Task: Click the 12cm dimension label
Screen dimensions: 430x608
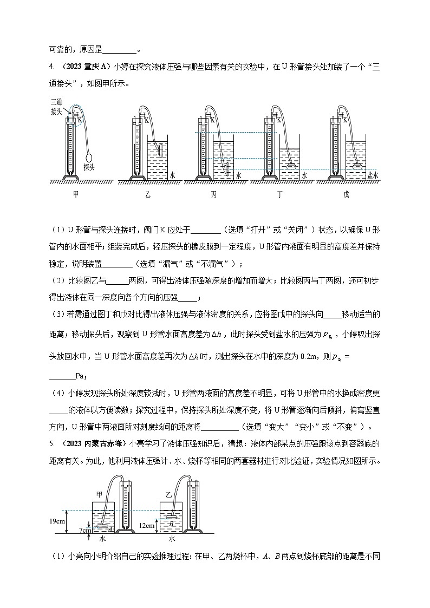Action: pyautogui.click(x=148, y=525)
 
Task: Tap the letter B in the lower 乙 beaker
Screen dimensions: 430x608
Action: pyautogui.click(x=171, y=524)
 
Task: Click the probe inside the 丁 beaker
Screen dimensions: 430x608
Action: pyautogui.click(x=291, y=166)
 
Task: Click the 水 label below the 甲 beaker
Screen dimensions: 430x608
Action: pyautogui.click(x=102, y=539)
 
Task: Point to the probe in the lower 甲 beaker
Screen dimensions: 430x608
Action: pyautogui.click(x=102, y=525)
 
